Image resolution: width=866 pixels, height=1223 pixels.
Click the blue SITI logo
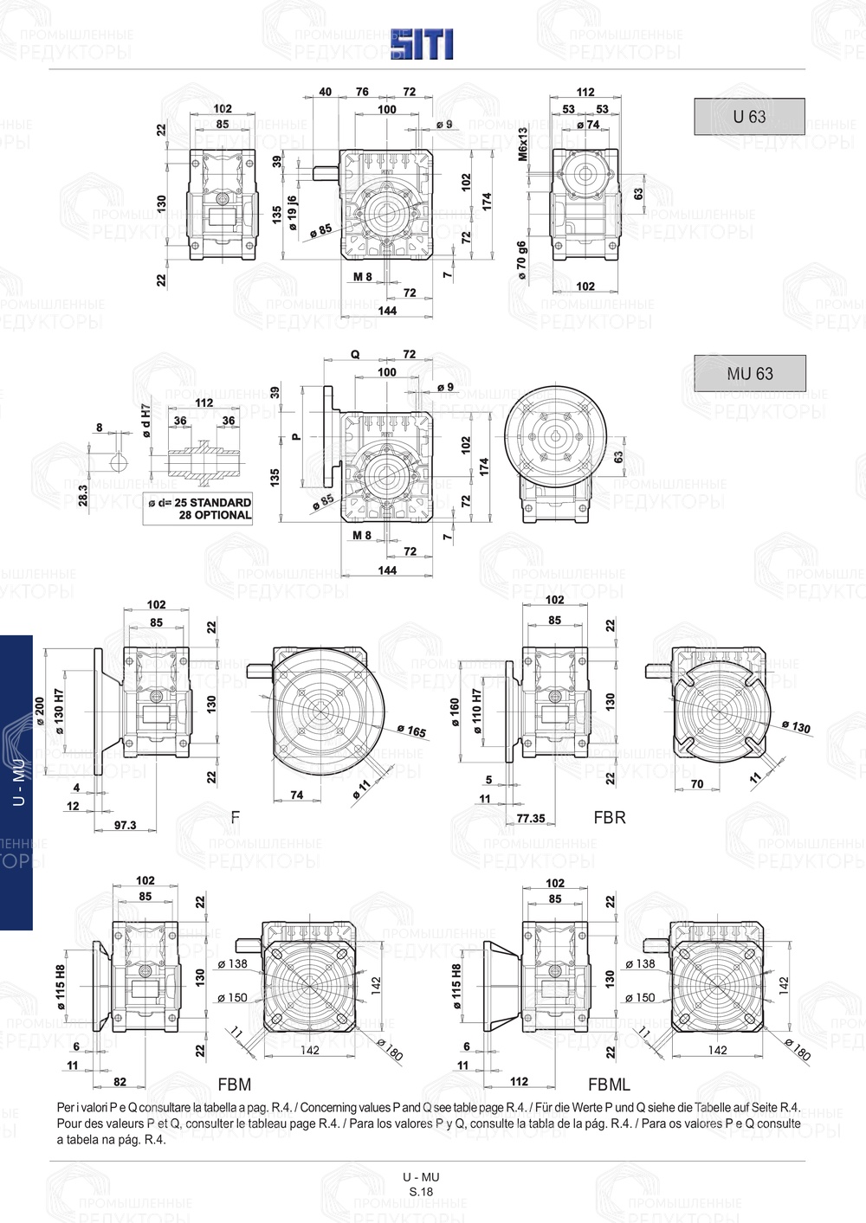point(422,44)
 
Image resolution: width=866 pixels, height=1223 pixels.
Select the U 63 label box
point(749,117)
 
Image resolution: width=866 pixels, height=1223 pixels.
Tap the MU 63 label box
point(750,374)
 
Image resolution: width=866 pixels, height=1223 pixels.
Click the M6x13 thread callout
point(523,145)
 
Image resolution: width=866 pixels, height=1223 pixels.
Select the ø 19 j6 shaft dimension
point(293,213)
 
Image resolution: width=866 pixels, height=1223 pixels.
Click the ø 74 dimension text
point(588,125)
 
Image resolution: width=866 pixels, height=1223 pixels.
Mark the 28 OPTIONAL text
point(215,515)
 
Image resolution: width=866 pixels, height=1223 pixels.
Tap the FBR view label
point(610,817)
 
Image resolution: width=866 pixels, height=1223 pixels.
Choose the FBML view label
point(609,1085)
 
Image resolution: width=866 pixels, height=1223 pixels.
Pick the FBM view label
point(235,1085)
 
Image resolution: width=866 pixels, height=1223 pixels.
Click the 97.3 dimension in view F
point(126,825)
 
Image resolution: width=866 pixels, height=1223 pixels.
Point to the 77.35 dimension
point(530,818)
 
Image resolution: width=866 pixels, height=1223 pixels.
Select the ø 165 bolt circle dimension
point(412,731)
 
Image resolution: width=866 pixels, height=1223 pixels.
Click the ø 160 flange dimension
point(455,711)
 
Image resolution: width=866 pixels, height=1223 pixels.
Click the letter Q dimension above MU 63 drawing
point(355,355)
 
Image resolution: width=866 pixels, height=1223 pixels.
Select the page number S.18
point(421,1191)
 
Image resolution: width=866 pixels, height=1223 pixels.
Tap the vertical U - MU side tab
point(17,782)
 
